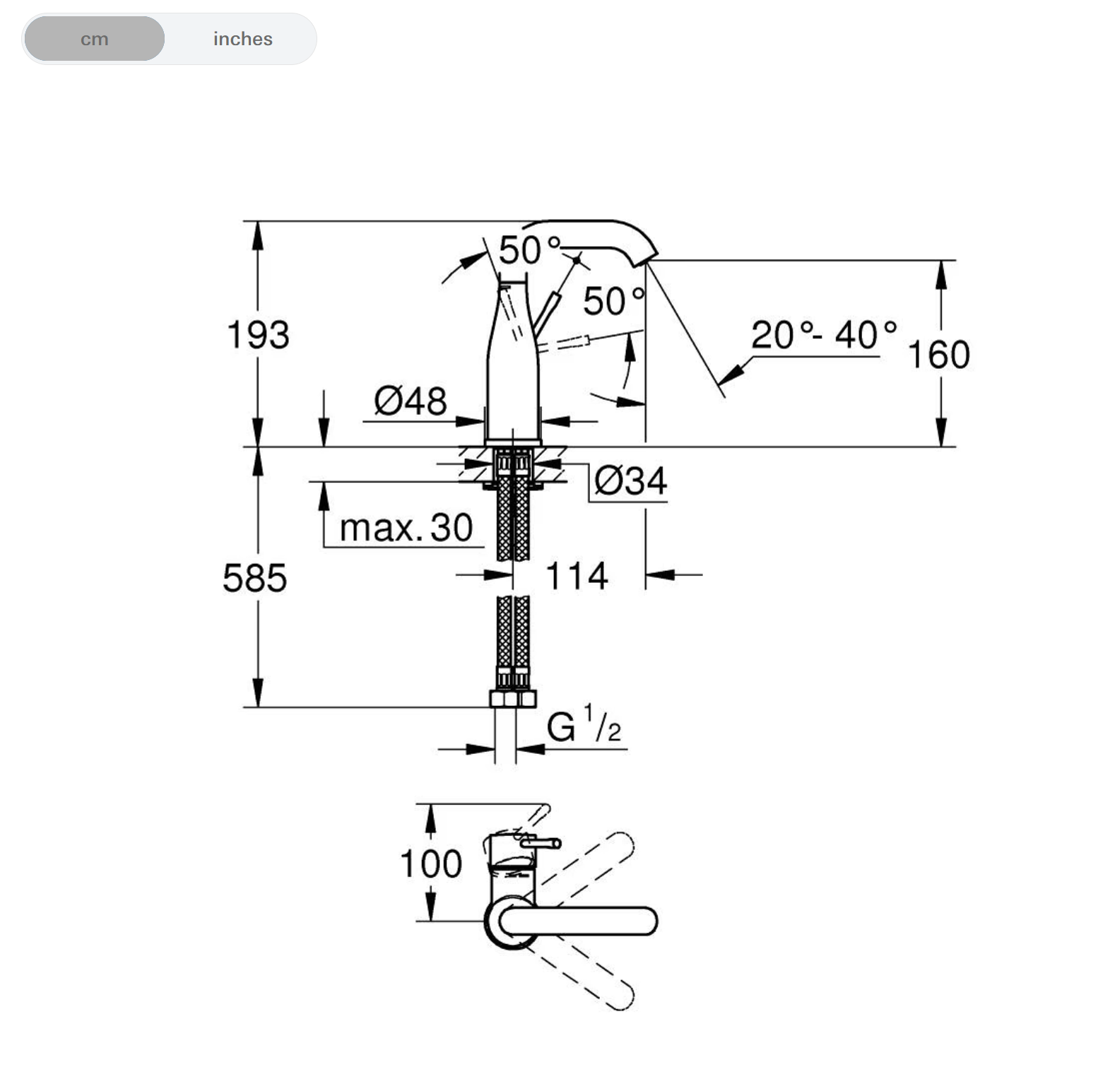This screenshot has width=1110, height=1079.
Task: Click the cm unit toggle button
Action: pos(94,39)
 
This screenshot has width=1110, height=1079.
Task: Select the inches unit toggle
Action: pos(242,39)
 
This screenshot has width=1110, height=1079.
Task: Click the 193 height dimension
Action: pos(258,334)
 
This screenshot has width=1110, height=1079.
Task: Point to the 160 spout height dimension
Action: pos(938,354)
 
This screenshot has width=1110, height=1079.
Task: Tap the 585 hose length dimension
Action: pos(254,577)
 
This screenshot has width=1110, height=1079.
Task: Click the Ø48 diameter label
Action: pos(410,401)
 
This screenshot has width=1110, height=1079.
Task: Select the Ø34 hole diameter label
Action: pos(630,481)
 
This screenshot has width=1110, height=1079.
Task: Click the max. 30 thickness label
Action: pos(406,528)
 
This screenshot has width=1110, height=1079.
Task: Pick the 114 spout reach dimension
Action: pos(577,575)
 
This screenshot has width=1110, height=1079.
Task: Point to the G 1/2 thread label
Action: pos(583,726)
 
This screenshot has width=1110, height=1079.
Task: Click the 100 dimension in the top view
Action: pos(431,863)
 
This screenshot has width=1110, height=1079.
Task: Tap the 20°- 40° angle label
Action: pos(822,334)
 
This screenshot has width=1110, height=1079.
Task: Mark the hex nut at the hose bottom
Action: pos(513,699)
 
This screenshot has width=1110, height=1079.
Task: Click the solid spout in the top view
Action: pos(579,921)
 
